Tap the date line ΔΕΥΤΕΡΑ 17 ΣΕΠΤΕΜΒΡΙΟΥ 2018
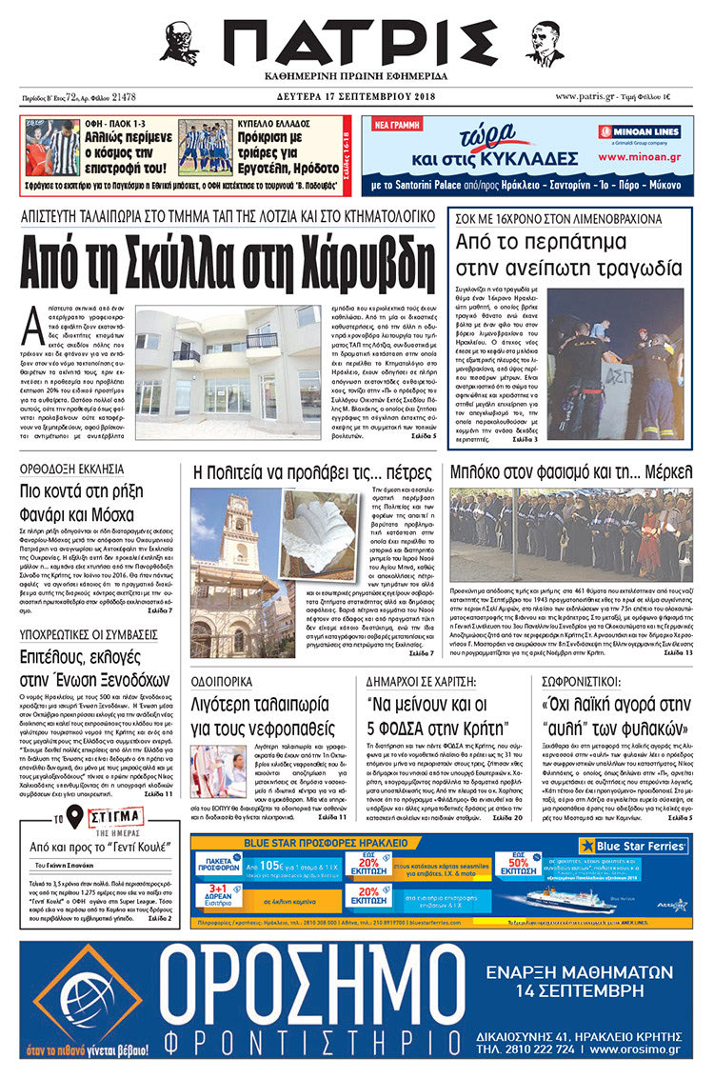click(x=356, y=96)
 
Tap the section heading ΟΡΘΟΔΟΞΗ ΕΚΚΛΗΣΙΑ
click(x=72, y=468)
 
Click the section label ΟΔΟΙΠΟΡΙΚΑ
click(x=226, y=682)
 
